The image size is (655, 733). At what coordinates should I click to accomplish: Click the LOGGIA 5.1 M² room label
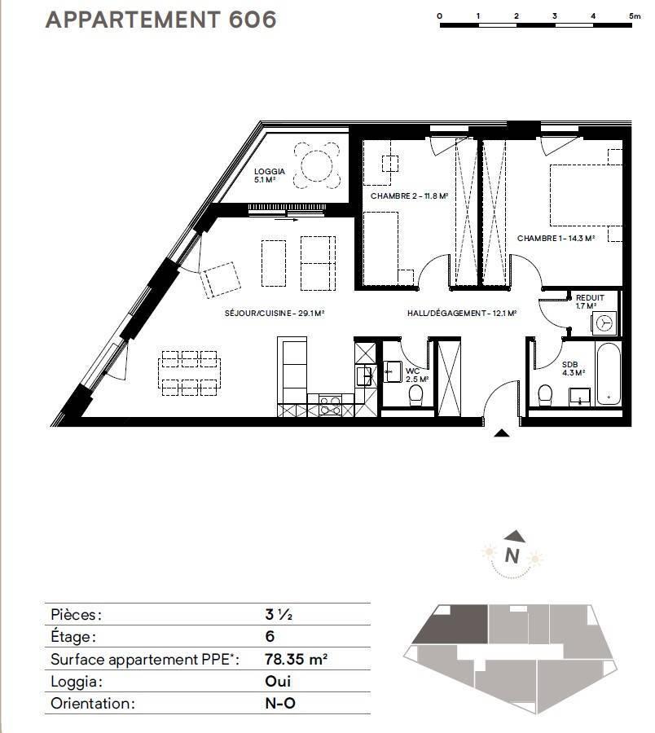point(270,175)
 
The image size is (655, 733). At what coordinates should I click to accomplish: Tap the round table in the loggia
point(317,165)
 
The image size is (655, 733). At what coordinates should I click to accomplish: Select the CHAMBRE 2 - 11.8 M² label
point(409,195)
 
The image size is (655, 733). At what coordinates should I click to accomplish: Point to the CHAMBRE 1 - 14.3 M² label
point(556,239)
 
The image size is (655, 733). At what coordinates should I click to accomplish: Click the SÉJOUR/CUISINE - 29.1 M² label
point(275,314)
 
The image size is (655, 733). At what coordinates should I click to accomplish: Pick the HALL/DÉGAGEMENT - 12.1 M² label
point(461,314)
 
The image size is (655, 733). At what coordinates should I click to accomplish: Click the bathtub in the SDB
point(609,374)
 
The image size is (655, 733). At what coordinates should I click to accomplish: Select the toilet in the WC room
point(415,396)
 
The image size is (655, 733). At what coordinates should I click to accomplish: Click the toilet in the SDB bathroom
point(545,395)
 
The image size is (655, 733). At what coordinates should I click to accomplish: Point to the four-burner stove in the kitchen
point(330,405)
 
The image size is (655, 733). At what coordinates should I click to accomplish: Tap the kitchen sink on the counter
point(365,375)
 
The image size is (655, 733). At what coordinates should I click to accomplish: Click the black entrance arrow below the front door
point(502,433)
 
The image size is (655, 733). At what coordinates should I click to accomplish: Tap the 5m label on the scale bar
point(635,16)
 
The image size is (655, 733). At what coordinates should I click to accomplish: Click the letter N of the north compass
point(512,555)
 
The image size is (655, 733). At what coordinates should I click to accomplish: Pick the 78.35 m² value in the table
point(296,659)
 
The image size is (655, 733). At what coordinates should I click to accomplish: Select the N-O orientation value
point(280,703)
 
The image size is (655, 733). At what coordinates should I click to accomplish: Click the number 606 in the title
point(253,20)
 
